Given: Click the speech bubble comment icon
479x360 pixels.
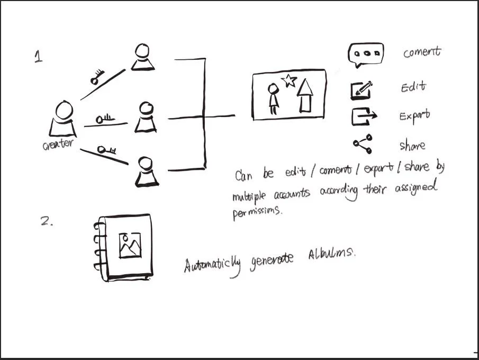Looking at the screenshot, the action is point(365,54).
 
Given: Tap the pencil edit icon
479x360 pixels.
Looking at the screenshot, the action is point(361,91).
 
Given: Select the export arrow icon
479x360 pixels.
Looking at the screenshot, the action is point(364,115).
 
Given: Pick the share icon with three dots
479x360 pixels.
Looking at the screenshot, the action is point(363,143).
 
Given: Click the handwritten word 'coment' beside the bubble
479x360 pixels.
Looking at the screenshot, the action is point(421,52).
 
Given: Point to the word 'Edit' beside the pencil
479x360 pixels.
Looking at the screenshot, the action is point(413,87).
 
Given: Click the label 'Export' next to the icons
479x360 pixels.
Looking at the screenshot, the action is point(414,115).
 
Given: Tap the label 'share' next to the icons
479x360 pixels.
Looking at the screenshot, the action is point(412,145).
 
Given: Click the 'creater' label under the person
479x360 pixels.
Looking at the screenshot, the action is point(58,144).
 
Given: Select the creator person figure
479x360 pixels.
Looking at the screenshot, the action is point(63,119).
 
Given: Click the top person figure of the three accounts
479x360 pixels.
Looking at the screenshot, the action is point(143,57).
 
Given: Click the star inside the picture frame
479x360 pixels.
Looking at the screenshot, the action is point(289,80).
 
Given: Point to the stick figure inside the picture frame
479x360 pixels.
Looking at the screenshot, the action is point(273,98).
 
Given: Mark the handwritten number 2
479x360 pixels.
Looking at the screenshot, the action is point(47,221).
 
